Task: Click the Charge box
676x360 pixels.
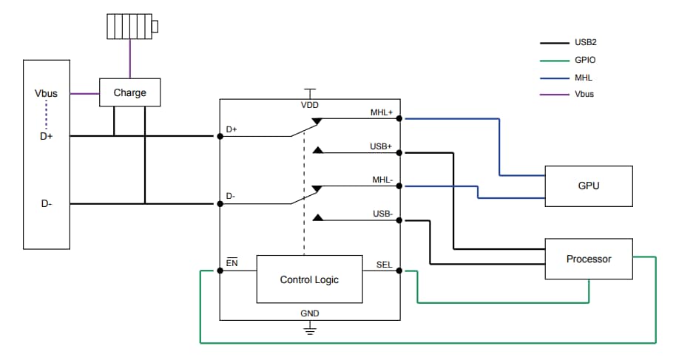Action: point(129,93)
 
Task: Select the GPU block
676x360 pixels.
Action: point(588,186)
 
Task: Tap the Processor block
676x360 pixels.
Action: point(588,259)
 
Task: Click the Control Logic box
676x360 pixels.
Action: point(309,279)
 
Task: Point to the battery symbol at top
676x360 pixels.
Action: point(130,28)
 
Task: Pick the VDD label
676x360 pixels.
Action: point(310,105)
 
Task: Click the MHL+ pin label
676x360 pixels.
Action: point(382,113)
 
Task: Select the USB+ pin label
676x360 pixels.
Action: point(382,146)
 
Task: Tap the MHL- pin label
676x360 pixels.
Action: point(382,180)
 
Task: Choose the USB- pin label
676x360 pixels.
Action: point(382,214)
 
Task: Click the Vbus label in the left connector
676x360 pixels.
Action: point(46,94)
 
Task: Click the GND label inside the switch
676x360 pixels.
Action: point(310,313)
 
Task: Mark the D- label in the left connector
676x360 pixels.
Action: point(46,203)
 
